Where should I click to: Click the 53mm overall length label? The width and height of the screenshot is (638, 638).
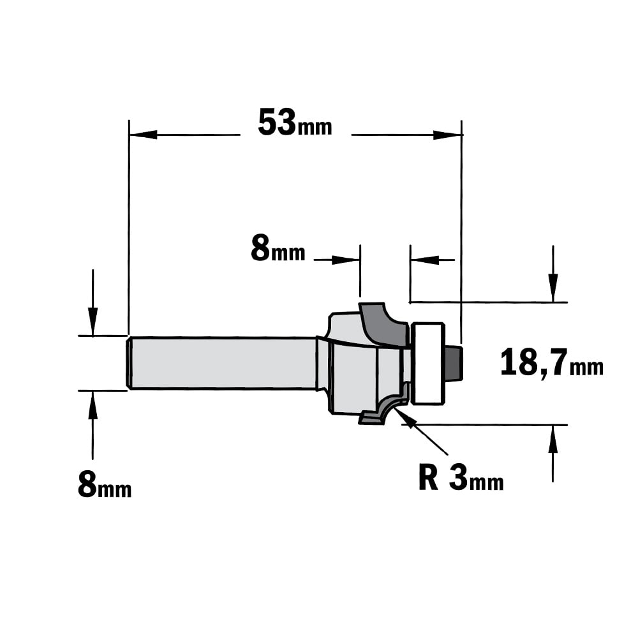[295, 122]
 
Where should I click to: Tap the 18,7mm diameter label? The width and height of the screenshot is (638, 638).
[551, 363]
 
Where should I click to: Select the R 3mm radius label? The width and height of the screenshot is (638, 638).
[461, 478]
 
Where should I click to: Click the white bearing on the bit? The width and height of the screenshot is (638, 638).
[428, 364]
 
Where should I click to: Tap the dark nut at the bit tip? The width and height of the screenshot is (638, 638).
[454, 364]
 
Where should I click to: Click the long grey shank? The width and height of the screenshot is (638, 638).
[223, 363]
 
